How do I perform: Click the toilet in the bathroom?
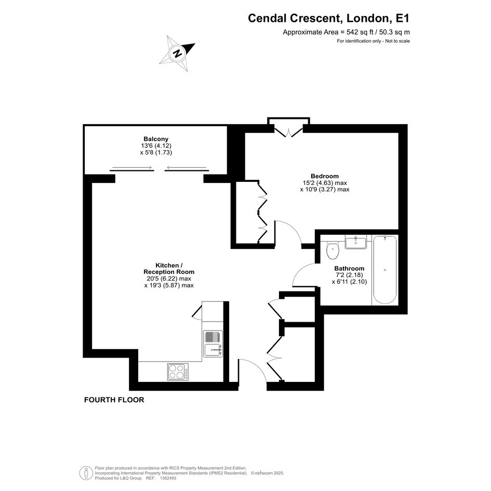pyautogui.click(x=332, y=250)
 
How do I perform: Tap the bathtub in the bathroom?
pyautogui.click(x=385, y=270)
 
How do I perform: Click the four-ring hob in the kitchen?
pyautogui.click(x=178, y=371)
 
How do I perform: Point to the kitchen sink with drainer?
pyautogui.click(x=213, y=344)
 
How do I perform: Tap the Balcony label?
pyautogui.click(x=156, y=139)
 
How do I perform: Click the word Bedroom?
pyautogui.click(x=325, y=176)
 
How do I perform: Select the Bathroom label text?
pyautogui.click(x=349, y=268)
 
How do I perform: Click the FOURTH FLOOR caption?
pyautogui.click(x=114, y=400)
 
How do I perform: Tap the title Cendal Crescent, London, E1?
pyautogui.click(x=328, y=18)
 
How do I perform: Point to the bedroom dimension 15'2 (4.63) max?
pyautogui.click(x=325, y=182)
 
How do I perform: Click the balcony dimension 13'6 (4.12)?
pyautogui.click(x=156, y=145)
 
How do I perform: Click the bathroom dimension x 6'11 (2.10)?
pyautogui.click(x=349, y=282)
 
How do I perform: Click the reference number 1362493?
pyautogui.click(x=168, y=478)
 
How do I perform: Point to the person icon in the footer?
pyautogui.click(x=86, y=473)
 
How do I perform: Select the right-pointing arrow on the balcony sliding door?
pyautogui.click(x=132, y=167)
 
